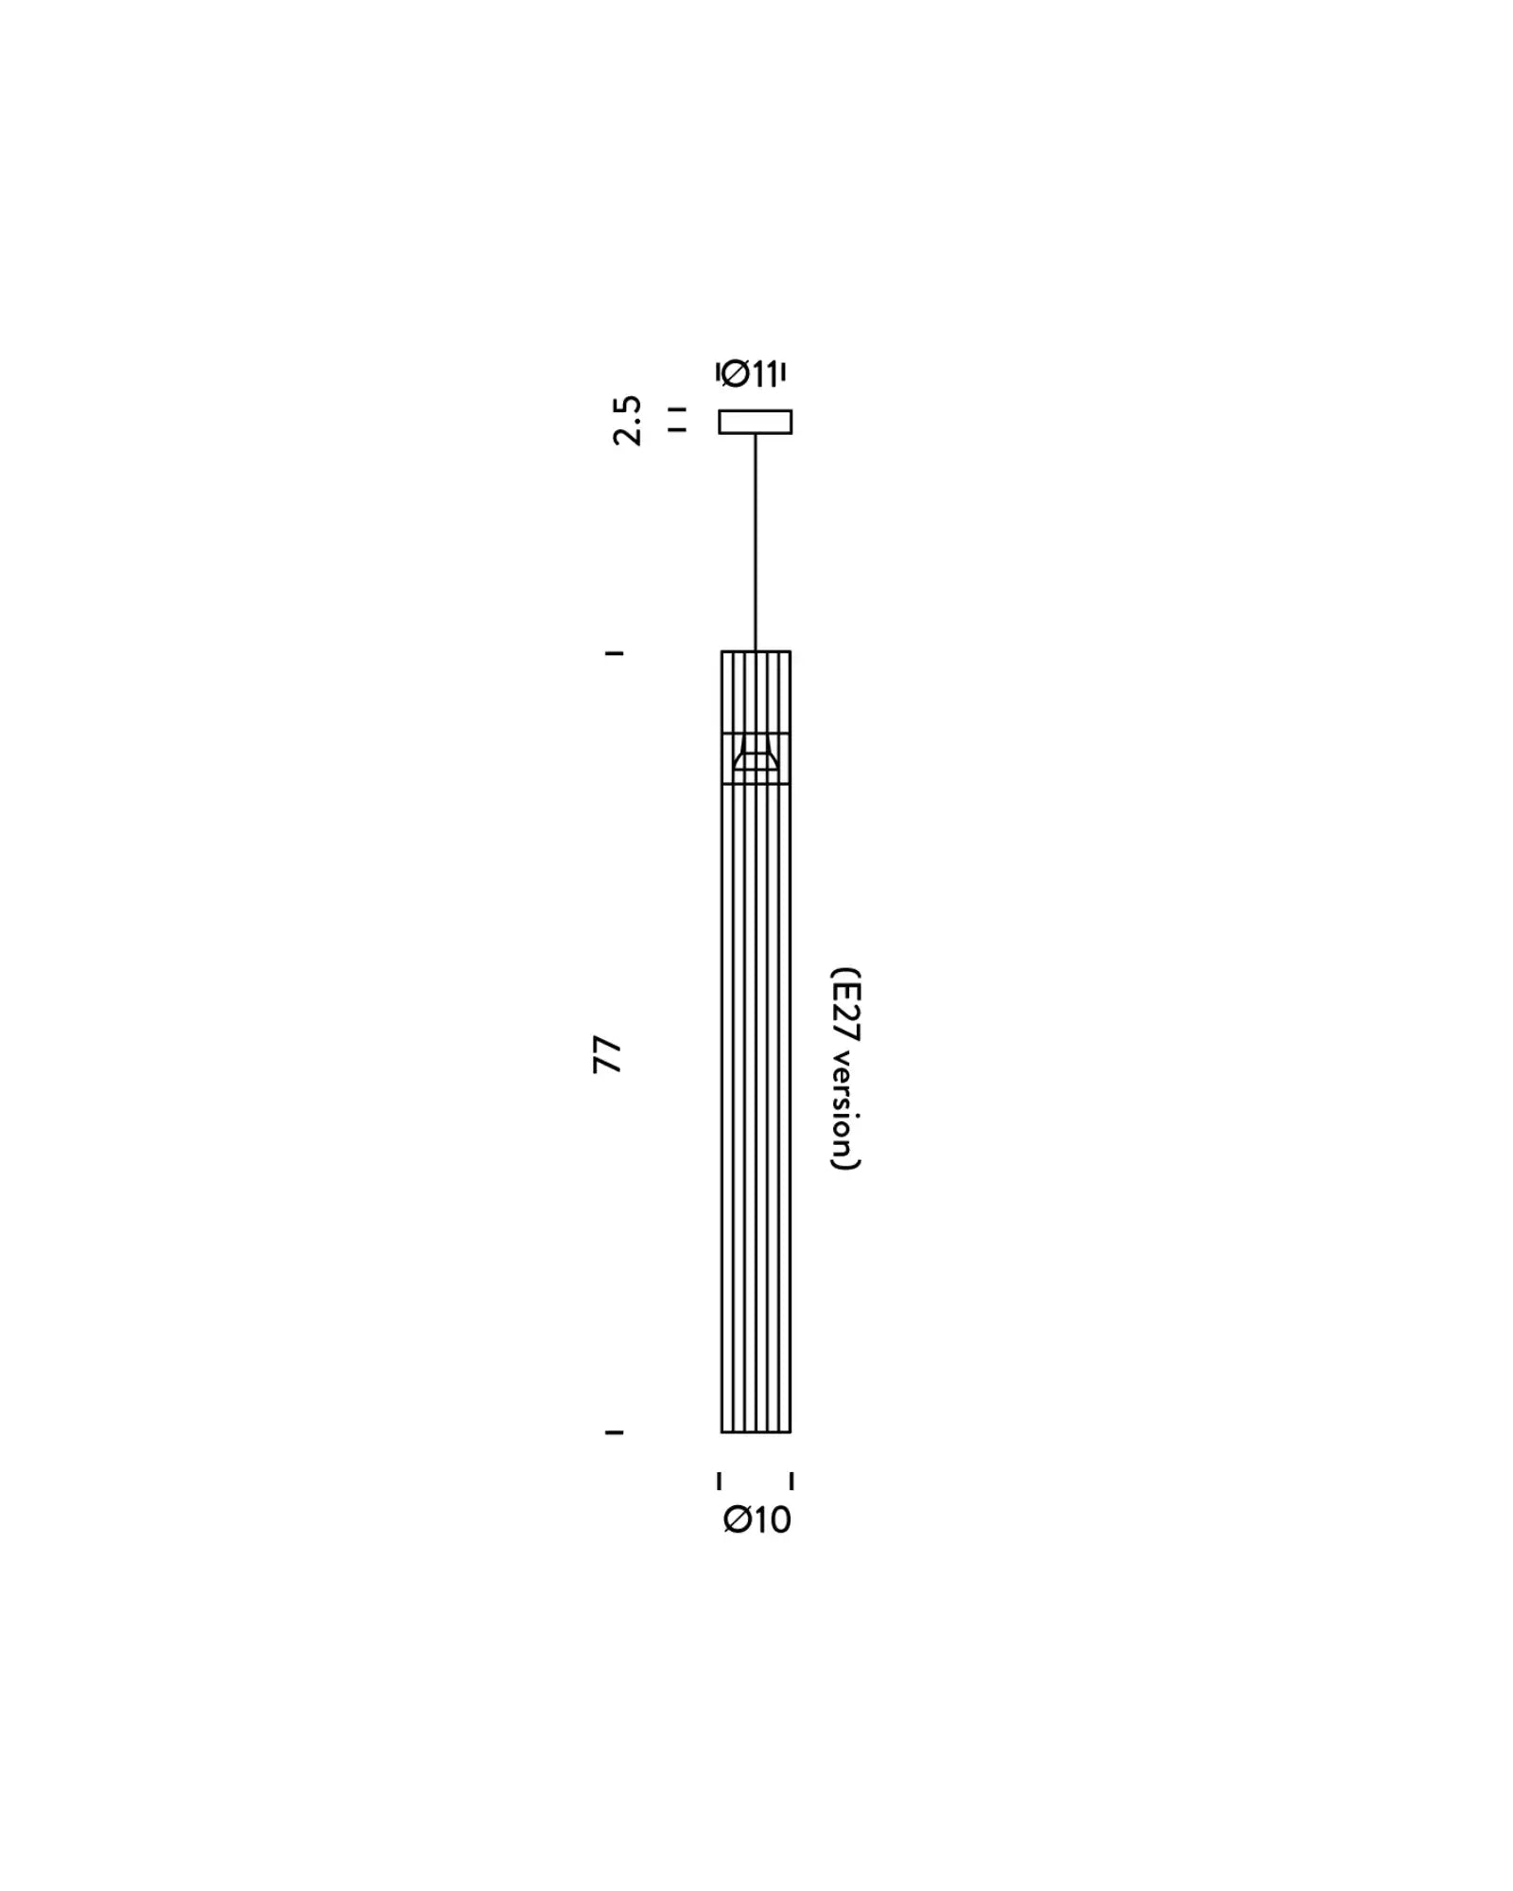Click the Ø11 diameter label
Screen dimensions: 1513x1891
750,374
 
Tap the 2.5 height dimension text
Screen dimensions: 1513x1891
627,420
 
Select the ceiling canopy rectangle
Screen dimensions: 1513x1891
755,422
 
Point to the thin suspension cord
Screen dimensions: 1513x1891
756,543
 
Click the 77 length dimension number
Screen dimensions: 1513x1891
607,1055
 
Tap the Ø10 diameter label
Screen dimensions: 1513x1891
756,1519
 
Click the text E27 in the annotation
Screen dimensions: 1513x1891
846,1014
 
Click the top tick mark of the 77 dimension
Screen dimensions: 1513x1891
614,653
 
